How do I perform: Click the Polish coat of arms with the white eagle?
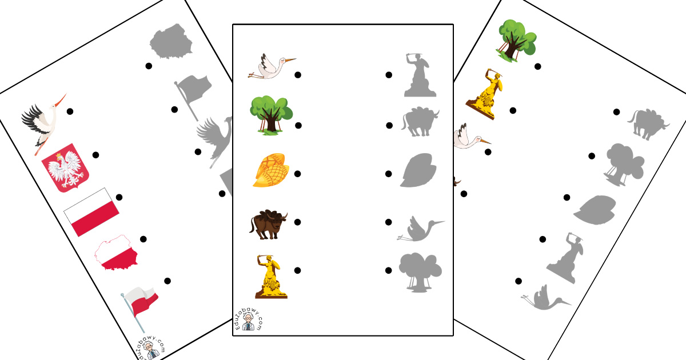pos(65,168)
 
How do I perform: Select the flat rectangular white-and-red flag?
pos(91,212)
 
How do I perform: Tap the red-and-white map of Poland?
pos(117,253)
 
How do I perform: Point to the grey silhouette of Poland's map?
pos(171,41)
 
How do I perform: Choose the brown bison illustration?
pos(269,224)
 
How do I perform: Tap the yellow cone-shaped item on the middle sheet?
pos(271,170)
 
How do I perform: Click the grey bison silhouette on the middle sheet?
pos(420,122)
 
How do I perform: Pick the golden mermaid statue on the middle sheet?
pos(270,277)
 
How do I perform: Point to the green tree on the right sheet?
pos(517,41)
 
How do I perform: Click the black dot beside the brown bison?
pos(297,222)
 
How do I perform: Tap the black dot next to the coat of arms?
pos(95,155)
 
